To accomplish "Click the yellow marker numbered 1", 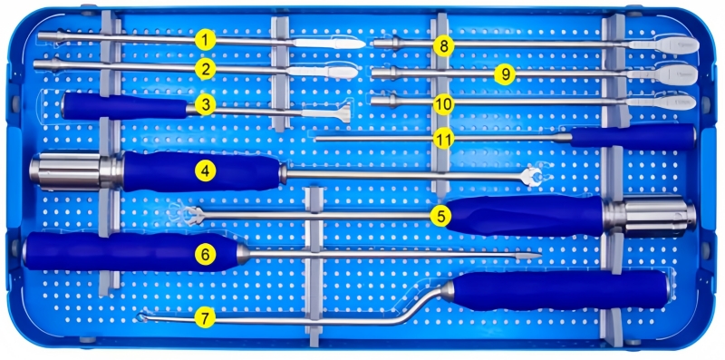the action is [x=206, y=40].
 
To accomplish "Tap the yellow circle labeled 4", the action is [x=206, y=172].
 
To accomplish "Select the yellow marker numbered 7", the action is [x=206, y=318].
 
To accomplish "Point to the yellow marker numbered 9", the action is [x=505, y=74].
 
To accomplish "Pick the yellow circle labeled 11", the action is [x=443, y=139].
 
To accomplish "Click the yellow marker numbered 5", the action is [x=440, y=216].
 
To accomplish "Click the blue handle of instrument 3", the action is [x=124, y=106].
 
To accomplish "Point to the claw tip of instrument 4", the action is [x=532, y=177].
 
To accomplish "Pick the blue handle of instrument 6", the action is [x=130, y=252].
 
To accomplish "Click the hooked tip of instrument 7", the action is [x=142, y=316].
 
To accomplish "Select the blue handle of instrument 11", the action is [x=633, y=137].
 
